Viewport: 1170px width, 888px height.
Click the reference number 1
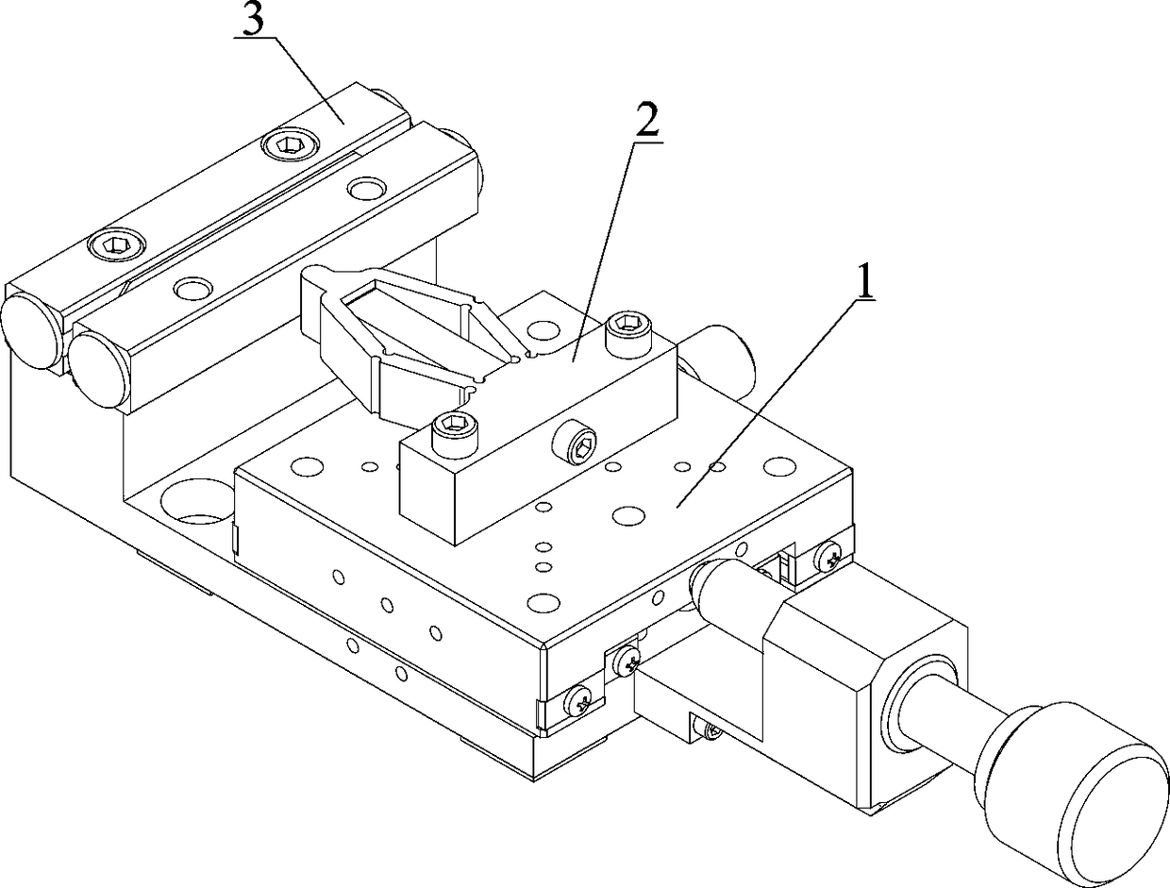862,282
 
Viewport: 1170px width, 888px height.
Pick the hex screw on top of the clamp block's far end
627,327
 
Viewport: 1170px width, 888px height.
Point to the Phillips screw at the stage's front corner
580,699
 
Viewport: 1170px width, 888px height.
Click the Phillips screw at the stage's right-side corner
829,558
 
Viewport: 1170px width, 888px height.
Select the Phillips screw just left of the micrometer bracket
626,661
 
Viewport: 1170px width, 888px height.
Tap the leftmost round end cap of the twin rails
32,332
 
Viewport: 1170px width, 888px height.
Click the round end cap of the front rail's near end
99,361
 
